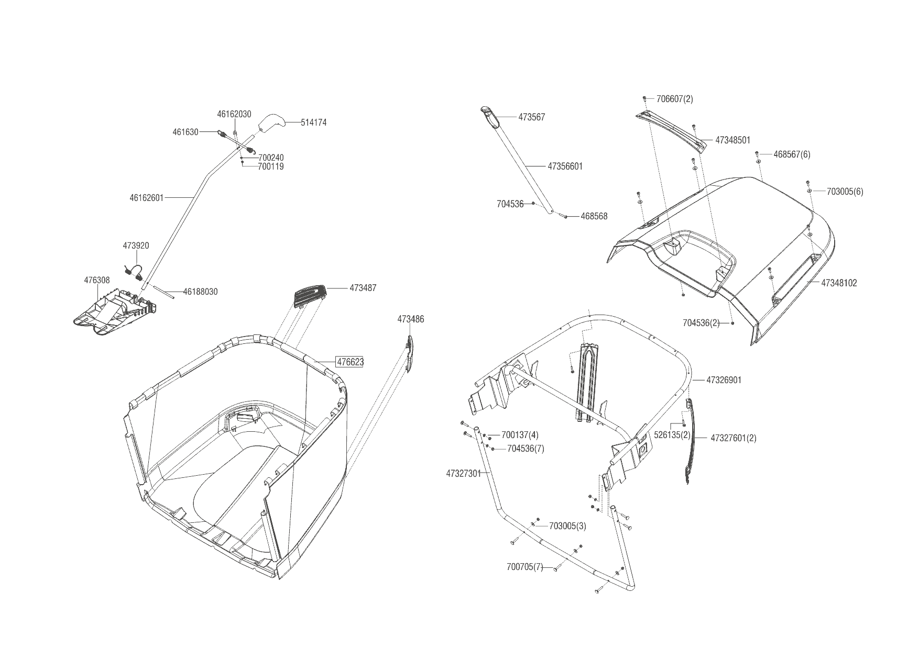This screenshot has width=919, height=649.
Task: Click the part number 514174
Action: [x=314, y=122]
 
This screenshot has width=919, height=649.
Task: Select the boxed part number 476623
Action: [x=350, y=362]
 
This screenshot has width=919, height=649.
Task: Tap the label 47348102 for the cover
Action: [x=839, y=283]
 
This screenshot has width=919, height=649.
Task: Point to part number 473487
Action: [x=363, y=288]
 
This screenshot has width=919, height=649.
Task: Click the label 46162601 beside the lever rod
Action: [x=147, y=198]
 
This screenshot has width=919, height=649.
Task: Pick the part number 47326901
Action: [x=724, y=380]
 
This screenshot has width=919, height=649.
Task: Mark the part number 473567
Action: [x=532, y=117]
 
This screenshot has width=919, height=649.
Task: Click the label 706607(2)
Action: [x=675, y=99]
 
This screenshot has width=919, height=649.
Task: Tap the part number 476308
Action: [x=97, y=281]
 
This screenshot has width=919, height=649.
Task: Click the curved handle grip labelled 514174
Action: [x=271, y=123]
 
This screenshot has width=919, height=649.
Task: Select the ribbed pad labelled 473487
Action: [x=309, y=295]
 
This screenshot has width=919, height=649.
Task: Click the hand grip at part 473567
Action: [x=488, y=115]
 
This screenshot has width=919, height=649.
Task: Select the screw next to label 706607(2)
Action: [x=644, y=98]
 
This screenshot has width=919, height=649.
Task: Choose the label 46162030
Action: [x=234, y=114]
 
